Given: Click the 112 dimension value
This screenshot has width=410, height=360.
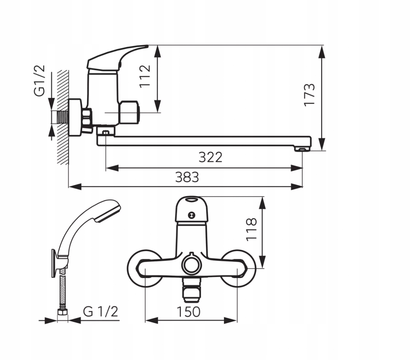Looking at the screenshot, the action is pyautogui.click(x=145, y=76).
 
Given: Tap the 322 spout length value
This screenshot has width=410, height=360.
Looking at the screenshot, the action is pyautogui.click(x=210, y=157).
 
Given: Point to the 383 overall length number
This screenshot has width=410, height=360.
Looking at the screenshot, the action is pyautogui.click(x=187, y=177).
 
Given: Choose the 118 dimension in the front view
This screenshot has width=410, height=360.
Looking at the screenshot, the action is pyautogui.click(x=251, y=229).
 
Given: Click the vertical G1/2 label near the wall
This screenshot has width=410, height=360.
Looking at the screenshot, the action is pyautogui.click(x=39, y=80).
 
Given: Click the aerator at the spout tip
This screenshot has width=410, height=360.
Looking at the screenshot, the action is pyautogui.click(x=302, y=149).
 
